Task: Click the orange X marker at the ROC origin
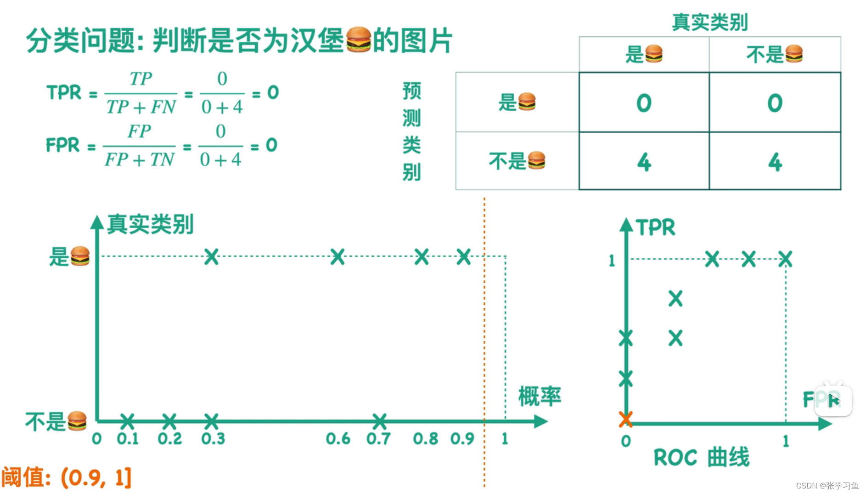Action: tap(625, 419)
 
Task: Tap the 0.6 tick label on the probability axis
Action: tap(338, 439)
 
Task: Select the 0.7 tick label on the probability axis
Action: tap(378, 439)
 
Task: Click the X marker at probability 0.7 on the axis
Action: tap(380, 420)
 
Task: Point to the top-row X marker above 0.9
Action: tap(464, 256)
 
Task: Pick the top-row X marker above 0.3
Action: tap(211, 256)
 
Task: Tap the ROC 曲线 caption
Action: tap(701, 457)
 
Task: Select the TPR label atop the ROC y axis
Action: tap(655, 227)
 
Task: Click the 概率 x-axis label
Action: tap(540, 396)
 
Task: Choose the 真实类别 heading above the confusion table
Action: tap(710, 22)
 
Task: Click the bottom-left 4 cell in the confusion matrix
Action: tap(644, 162)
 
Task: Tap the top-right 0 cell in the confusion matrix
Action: tap(775, 103)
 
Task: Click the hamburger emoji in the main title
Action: tap(359, 40)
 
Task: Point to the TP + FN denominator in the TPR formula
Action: tap(141, 108)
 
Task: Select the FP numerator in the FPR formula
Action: tap(139, 131)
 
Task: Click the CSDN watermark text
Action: tap(827, 485)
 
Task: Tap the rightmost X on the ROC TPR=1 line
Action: tap(785, 259)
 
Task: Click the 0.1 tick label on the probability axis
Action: tap(128, 439)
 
